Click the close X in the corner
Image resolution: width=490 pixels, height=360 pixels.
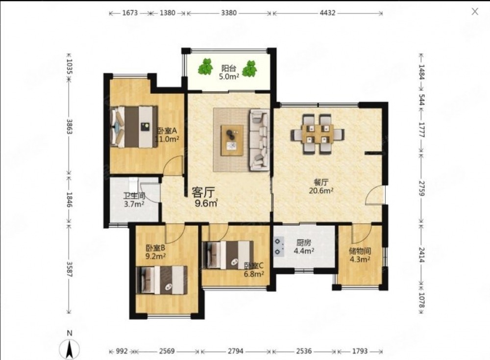tap(475, 12)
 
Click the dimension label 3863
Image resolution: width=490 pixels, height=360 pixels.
tap(69, 127)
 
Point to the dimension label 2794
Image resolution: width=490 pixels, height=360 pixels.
tap(235, 351)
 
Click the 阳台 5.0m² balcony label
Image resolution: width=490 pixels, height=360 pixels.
tap(229, 72)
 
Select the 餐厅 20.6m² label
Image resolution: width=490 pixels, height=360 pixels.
tap(320, 186)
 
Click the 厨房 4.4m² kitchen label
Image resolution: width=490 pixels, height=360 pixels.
tap(303, 247)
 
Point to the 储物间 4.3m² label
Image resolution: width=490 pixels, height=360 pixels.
tap(360, 255)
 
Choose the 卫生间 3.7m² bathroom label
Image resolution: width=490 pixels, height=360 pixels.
tap(134, 200)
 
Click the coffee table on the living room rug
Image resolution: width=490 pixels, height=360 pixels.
tap(232, 140)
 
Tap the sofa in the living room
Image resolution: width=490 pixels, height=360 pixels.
tap(259, 139)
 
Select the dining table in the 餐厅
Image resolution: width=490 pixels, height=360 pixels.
tap(318, 134)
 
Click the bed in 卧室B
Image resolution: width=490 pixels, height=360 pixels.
tap(162, 280)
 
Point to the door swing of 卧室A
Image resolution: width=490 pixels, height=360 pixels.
tap(173, 165)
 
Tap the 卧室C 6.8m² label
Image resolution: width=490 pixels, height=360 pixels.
tap(254, 270)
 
